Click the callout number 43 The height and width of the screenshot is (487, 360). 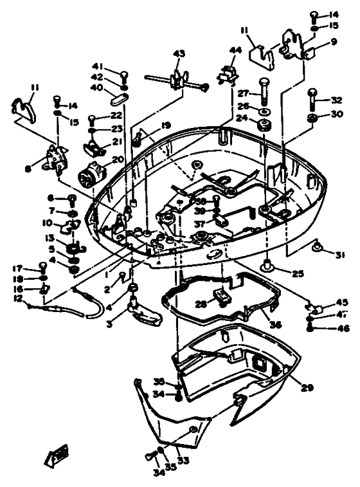tap(178, 53)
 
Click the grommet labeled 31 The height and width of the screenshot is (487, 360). tap(316, 246)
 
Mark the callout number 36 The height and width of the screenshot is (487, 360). tap(275, 325)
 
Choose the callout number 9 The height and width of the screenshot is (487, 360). tap(334, 42)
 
